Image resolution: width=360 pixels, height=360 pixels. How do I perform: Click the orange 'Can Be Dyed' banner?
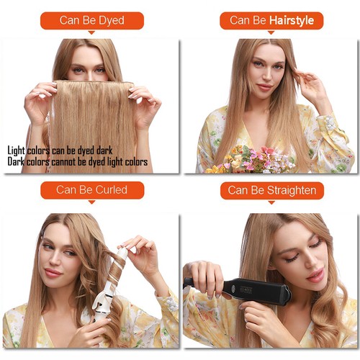tap(91, 21)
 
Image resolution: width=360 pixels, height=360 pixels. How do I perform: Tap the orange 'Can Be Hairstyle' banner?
tap(271, 21)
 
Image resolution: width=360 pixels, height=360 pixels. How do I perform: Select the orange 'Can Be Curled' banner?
tap(91, 190)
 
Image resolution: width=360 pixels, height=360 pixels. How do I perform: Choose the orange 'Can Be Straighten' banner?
tap(271, 190)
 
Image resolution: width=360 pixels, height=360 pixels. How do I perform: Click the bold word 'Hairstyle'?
tap(292, 21)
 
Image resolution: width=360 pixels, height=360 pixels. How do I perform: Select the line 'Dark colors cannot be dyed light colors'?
tap(78, 162)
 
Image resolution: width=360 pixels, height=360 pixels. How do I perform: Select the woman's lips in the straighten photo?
tap(315, 275)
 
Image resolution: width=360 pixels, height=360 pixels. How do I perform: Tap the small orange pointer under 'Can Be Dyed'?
tap(91, 33)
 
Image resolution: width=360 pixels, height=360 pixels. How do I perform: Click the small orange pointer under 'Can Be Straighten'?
tap(271, 202)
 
